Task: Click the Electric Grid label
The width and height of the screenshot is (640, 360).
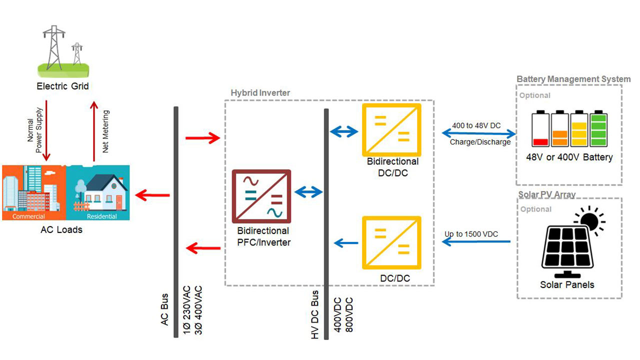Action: coord(62,86)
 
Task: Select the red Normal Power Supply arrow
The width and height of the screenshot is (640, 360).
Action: coord(46,130)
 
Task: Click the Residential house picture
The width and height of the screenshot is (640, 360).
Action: coord(98,192)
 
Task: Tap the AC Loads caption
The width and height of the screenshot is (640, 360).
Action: coord(61,230)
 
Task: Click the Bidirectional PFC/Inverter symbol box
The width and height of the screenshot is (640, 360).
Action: coord(261,196)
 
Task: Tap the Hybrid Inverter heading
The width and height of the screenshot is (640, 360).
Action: coord(260,93)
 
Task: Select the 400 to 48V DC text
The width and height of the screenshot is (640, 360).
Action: coord(476,125)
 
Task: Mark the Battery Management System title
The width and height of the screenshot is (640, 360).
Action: coord(573,79)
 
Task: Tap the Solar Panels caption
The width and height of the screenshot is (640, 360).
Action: coord(567,285)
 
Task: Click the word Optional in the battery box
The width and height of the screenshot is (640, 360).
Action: coord(534,95)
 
